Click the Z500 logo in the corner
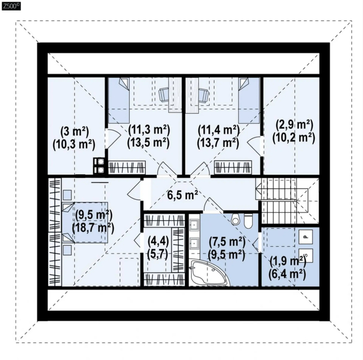point(11,6)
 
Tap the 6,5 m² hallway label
point(183,195)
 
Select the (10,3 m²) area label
point(74,145)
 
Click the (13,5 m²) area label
point(149,142)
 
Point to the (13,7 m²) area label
point(218,143)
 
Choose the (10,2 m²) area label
point(294,138)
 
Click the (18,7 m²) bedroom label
point(93,228)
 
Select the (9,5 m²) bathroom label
point(227,255)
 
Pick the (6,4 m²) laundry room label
point(287,274)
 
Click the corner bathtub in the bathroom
point(208,273)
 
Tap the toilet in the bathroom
point(249,221)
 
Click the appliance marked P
point(305,236)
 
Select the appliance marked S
point(305,256)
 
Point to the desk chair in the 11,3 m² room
point(164,94)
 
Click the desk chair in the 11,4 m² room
point(203,94)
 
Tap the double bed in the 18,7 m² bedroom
point(85,222)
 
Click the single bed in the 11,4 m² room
point(249,100)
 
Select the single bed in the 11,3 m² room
point(119,100)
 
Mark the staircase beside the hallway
point(287,201)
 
